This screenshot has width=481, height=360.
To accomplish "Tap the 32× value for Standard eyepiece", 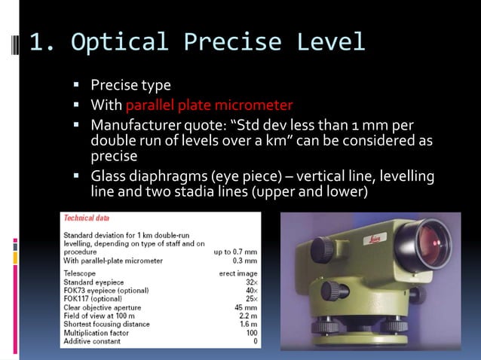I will tap(250, 282).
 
